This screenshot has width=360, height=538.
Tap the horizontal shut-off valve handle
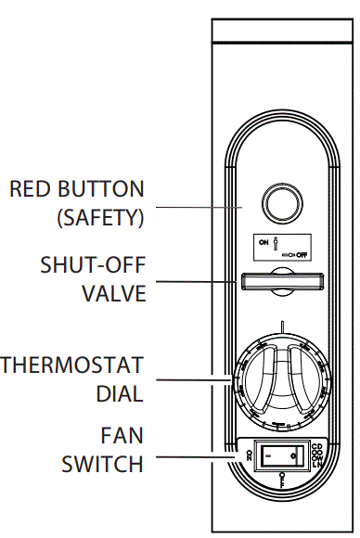click(x=284, y=282)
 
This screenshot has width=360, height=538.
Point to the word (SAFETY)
click(x=98, y=220)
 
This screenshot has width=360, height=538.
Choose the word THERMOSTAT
click(x=72, y=363)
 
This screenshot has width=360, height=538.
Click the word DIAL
click(x=120, y=392)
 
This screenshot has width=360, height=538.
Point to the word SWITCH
click(x=103, y=463)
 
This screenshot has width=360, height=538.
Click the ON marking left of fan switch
click(x=251, y=455)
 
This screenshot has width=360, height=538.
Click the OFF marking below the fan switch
click(x=282, y=479)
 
